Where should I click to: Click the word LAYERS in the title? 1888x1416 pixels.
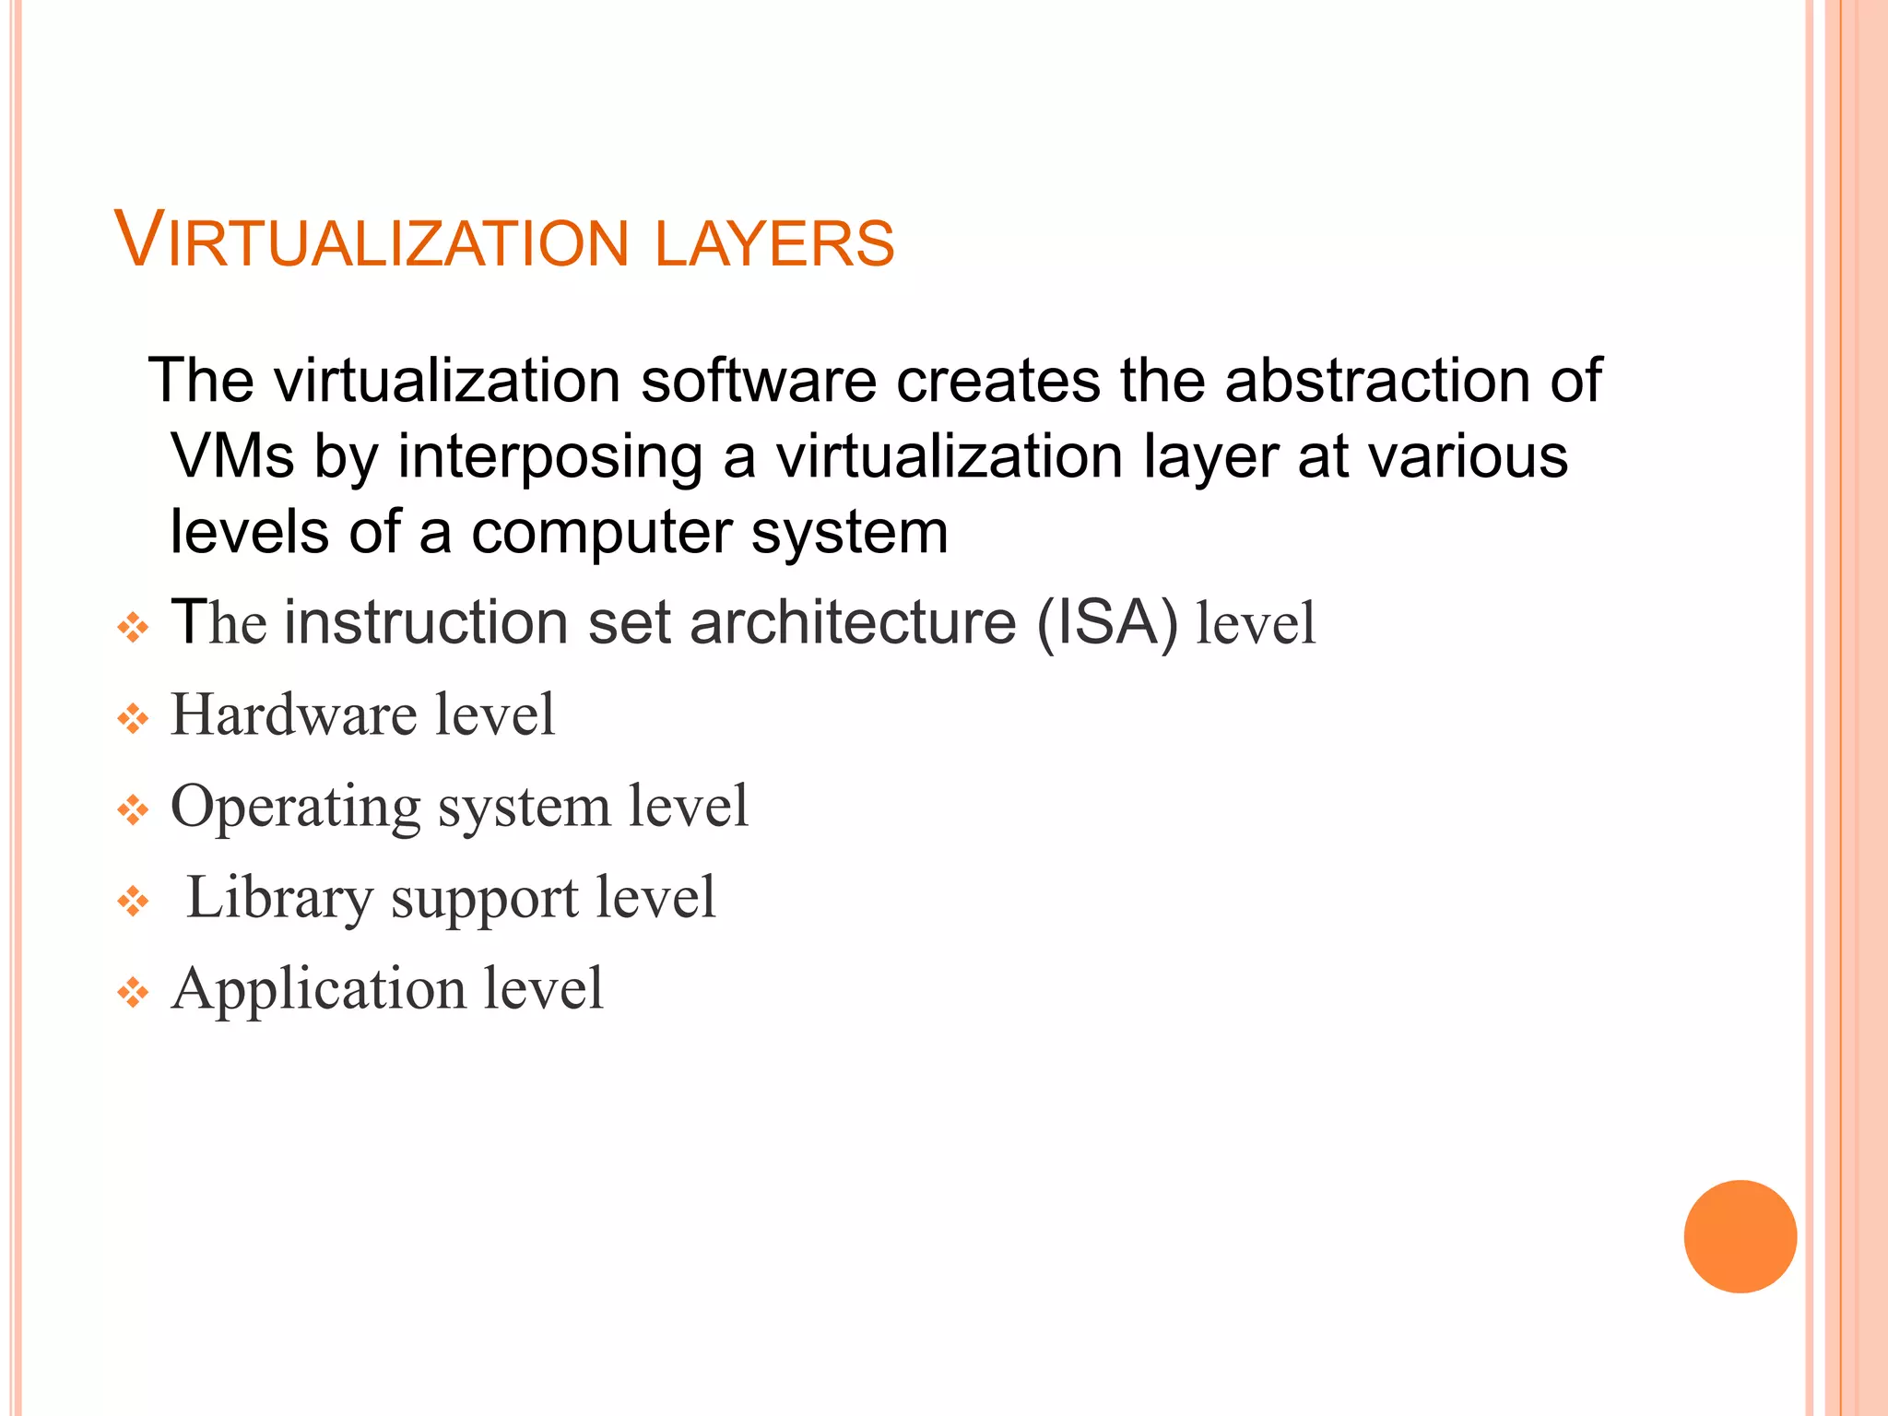click(774, 243)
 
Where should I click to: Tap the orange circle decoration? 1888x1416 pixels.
click(1740, 1236)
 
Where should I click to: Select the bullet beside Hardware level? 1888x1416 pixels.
click(133, 719)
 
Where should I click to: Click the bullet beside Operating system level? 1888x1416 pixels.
click(133, 811)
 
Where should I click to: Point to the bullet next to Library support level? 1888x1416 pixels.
click(133, 902)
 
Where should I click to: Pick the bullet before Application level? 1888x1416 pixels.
click(133, 993)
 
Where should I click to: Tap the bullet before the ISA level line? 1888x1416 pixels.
click(133, 629)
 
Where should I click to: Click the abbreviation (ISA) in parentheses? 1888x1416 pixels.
click(1107, 623)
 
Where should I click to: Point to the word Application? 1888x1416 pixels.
click(318, 990)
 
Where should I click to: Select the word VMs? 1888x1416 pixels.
click(233, 456)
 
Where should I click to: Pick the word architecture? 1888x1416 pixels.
click(853, 622)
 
